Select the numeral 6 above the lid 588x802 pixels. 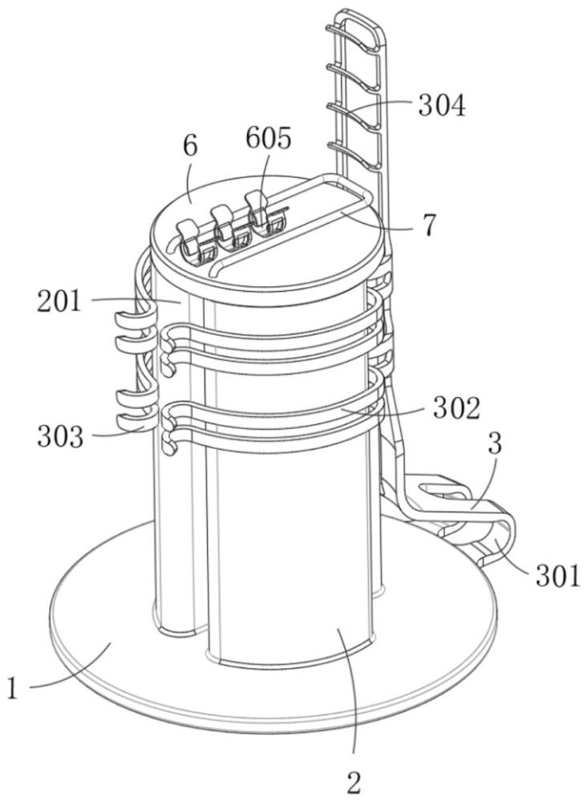click(x=189, y=146)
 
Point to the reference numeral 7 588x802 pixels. click(x=429, y=225)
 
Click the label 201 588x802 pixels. click(x=59, y=302)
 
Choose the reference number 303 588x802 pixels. click(x=60, y=436)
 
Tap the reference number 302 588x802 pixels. click(x=456, y=408)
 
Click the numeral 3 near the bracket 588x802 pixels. click(x=495, y=444)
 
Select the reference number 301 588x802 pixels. click(x=558, y=575)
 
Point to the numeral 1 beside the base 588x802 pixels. click(x=13, y=687)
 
